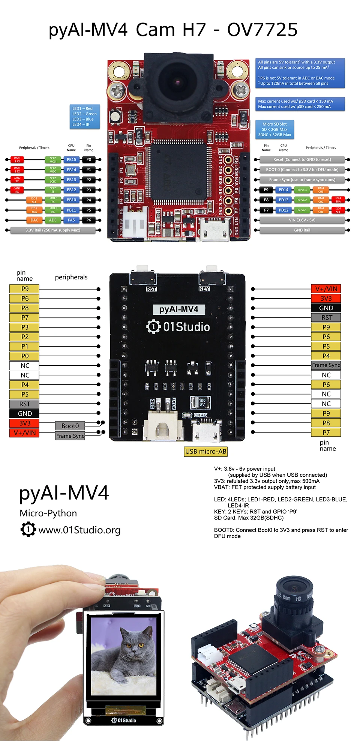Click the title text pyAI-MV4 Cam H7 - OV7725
pyautogui.click(x=173, y=30)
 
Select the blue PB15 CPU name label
pyautogui.click(x=71, y=160)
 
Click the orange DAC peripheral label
pyautogui.click(x=34, y=220)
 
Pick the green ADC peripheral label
pyautogui.click(x=53, y=220)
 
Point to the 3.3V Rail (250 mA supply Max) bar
pyautogui.click(x=53, y=230)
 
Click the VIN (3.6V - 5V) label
pyautogui.click(x=302, y=220)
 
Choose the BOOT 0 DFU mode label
pyautogui.click(x=302, y=170)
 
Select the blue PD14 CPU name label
pyautogui.click(x=283, y=190)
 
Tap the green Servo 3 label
pyautogui.click(x=302, y=190)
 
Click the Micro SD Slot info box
pyautogui.click(x=274, y=129)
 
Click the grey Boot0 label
pyautogui.click(x=70, y=426)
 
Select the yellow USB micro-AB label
pyautogui.click(x=206, y=452)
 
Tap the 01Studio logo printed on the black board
pyautogui.click(x=178, y=327)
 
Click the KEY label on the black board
pyautogui.click(x=204, y=289)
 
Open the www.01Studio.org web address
pyautogui.click(x=79, y=530)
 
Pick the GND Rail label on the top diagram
pyautogui.click(x=302, y=230)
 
